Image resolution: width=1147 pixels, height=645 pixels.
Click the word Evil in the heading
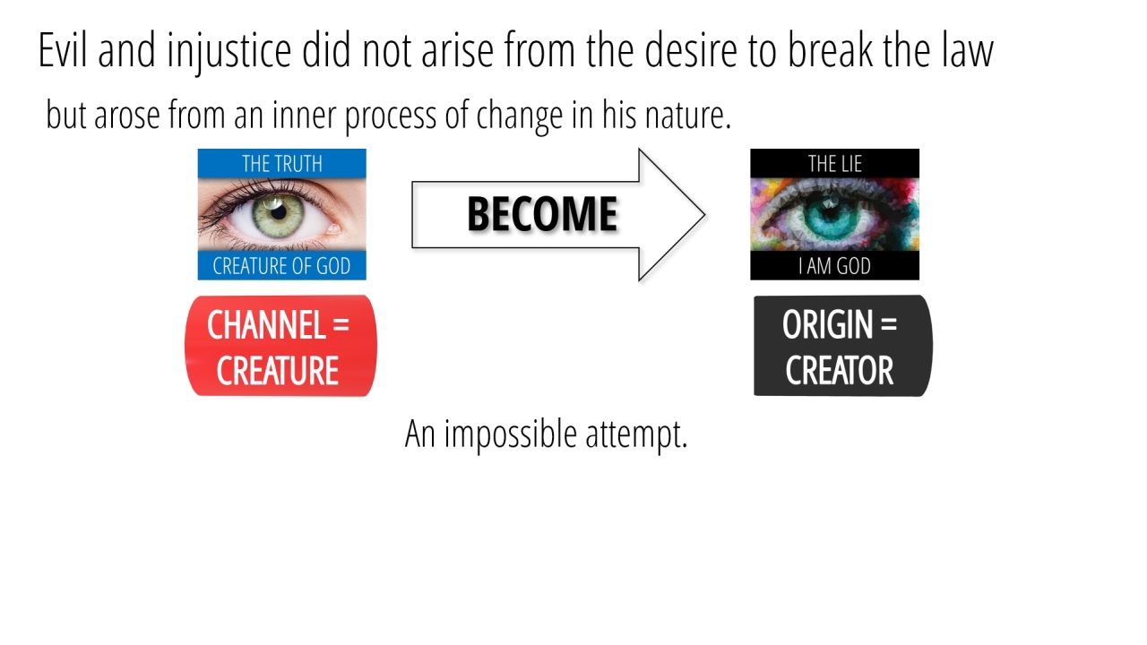[62, 49]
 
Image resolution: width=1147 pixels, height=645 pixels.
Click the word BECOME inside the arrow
[542, 214]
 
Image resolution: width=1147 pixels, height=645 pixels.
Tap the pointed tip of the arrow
[704, 214]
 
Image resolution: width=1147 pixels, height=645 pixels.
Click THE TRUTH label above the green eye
[282, 164]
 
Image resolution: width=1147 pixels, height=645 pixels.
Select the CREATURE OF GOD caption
[281, 266]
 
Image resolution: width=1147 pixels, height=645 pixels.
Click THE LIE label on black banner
[834, 164]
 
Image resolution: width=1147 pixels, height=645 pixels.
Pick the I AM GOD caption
[834, 266]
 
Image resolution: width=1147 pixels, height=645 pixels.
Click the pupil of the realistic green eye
[278, 211]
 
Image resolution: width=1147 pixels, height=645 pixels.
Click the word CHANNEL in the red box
[266, 325]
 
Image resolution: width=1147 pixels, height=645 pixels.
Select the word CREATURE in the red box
[278, 371]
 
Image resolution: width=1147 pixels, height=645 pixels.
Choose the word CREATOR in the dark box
[840, 371]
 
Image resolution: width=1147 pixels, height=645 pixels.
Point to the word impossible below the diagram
[510, 435]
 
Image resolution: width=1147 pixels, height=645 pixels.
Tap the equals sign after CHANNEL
[341, 325]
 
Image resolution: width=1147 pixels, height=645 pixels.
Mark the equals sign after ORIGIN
[889, 325]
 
